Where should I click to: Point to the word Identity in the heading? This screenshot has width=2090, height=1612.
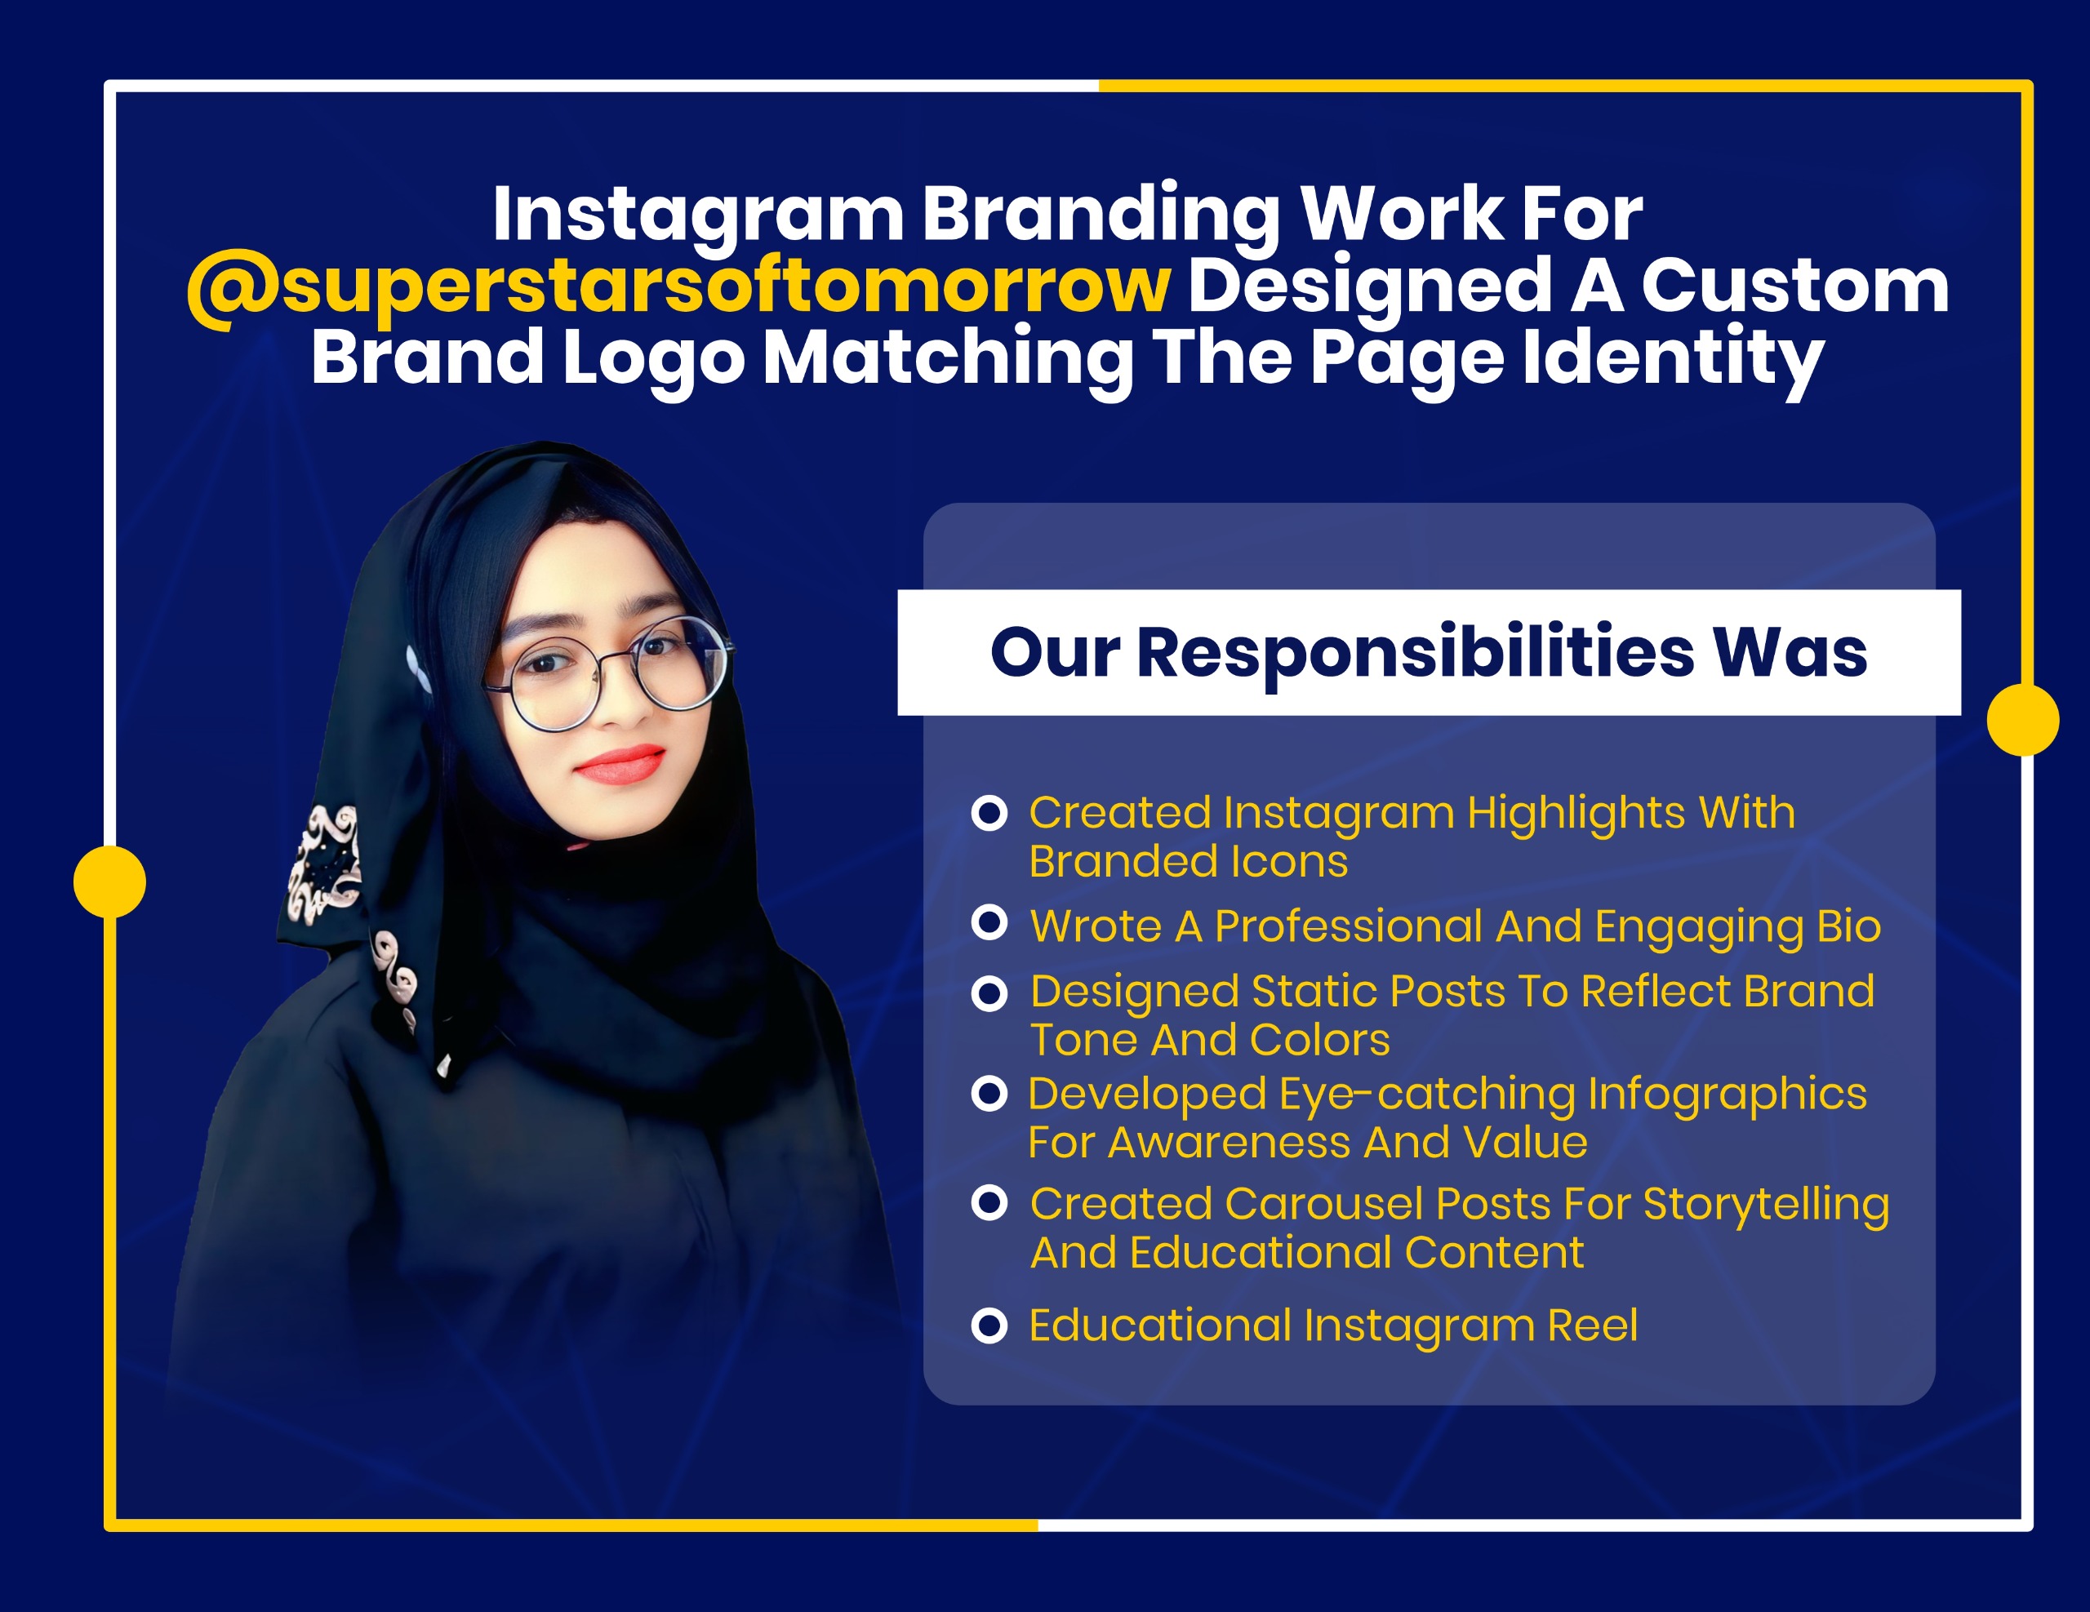click(x=1673, y=359)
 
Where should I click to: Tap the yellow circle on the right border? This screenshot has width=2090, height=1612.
click(x=2023, y=719)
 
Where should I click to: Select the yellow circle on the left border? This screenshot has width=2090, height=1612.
click(x=110, y=881)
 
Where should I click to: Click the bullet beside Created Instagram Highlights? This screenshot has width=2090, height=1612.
click(x=989, y=813)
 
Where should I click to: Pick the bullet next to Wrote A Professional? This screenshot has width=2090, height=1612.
click(x=989, y=923)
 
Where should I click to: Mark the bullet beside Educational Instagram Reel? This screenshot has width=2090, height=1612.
click(x=989, y=1326)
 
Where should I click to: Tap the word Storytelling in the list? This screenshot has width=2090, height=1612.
click(x=1766, y=1205)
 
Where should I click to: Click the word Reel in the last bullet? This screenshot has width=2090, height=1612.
click(x=1592, y=1326)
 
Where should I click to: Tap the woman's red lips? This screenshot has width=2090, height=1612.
click(x=620, y=765)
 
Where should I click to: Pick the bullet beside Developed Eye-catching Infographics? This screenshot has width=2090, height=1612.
click(x=989, y=1094)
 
